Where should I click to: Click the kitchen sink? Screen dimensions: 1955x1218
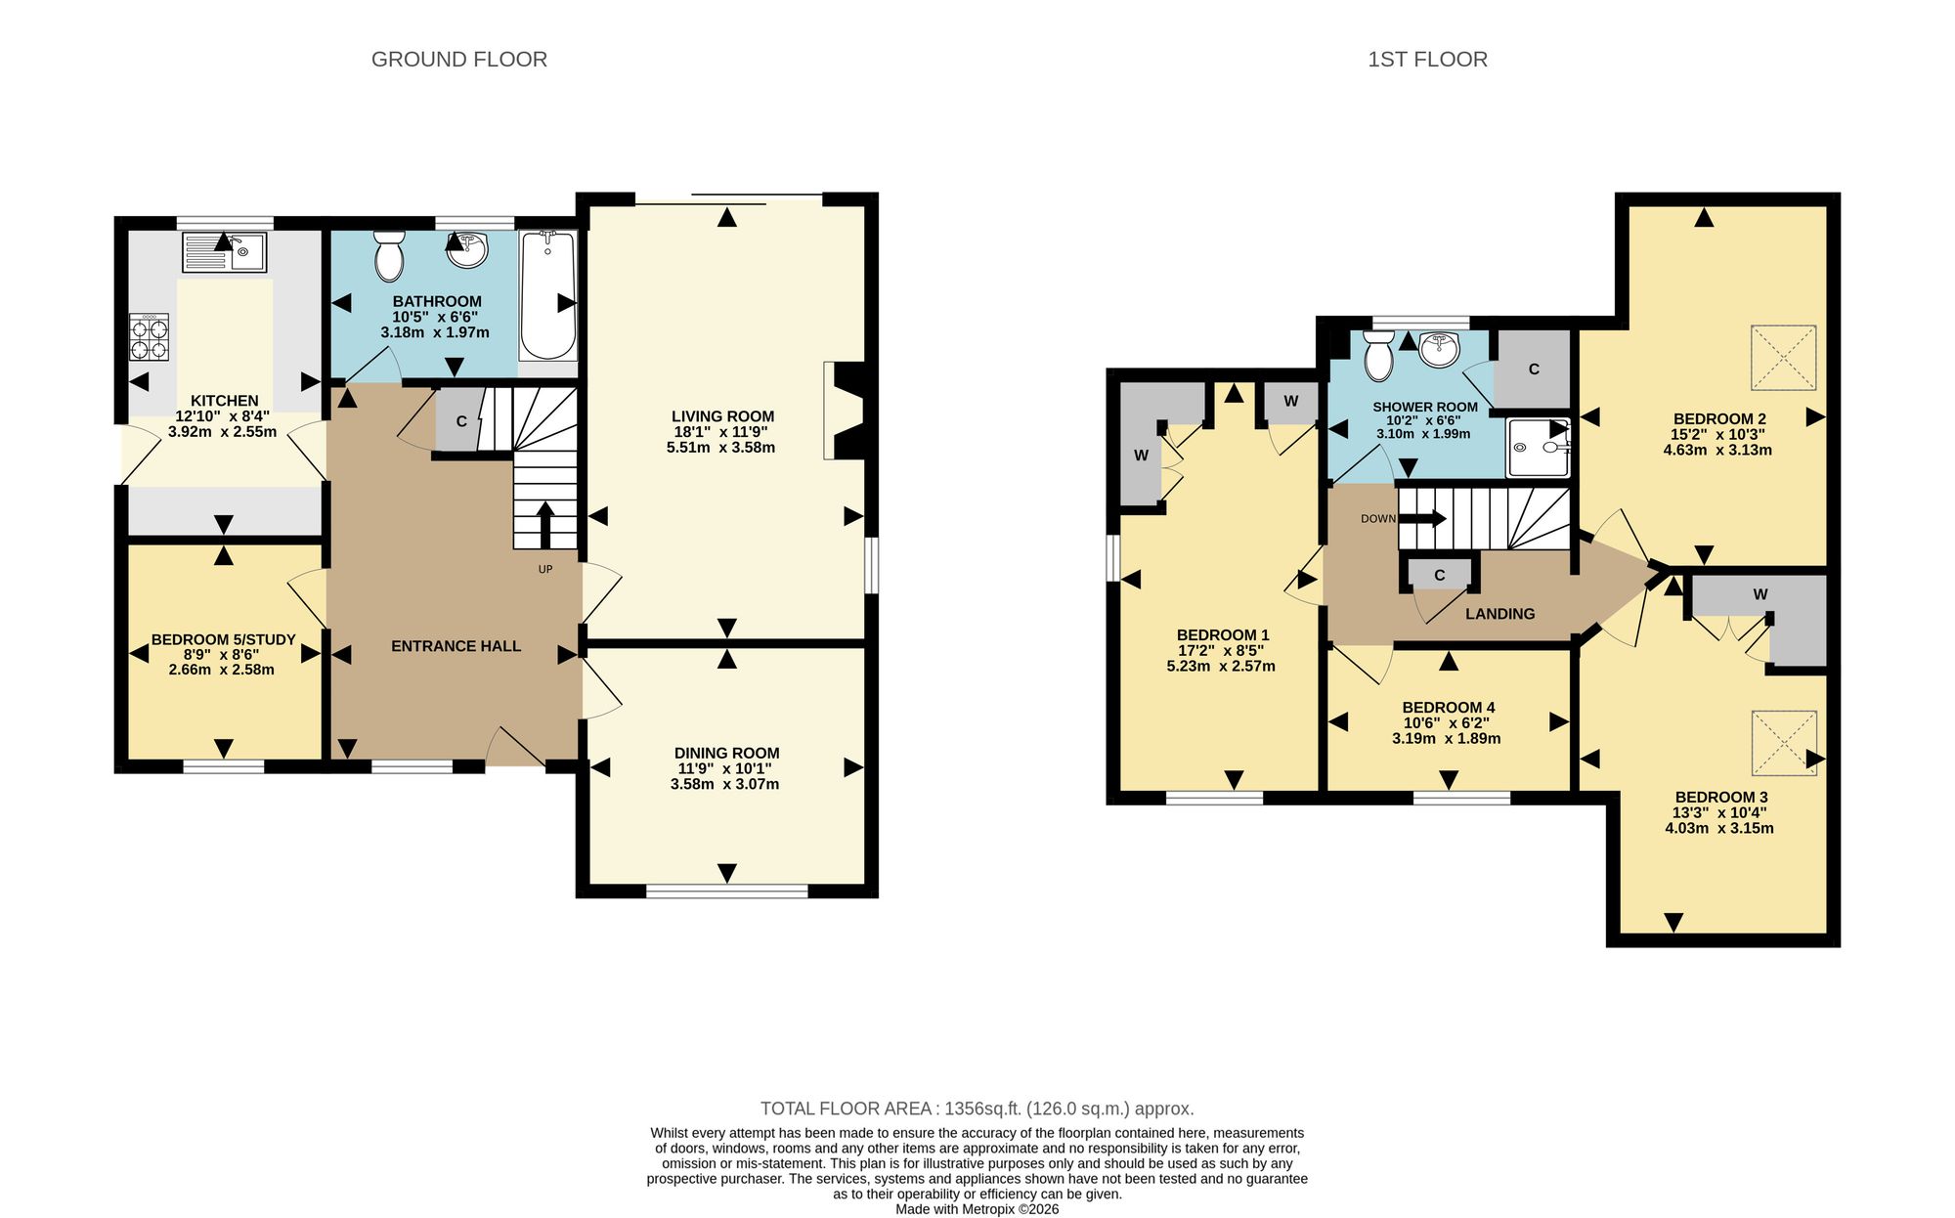pos(224,252)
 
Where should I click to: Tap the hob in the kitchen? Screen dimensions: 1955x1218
pos(149,337)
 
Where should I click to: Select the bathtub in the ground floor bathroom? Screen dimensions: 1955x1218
pos(548,295)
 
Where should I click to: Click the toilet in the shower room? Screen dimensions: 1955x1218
pos(1379,355)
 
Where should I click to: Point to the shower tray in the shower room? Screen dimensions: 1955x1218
pos(1538,448)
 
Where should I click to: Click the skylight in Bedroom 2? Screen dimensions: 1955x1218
pos(1783,358)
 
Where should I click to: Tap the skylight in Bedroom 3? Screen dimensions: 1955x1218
pos(1784,743)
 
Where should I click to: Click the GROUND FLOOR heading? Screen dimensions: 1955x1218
pos(459,60)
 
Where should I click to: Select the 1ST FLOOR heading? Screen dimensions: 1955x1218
pos(1427,60)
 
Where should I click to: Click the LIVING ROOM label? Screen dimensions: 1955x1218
pos(722,416)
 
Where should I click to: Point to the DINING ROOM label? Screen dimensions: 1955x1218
pos(726,753)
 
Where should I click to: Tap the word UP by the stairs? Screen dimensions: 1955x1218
pos(545,569)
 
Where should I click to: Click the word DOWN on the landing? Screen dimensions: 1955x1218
pos(1378,519)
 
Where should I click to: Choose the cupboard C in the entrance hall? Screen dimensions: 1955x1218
pos(460,420)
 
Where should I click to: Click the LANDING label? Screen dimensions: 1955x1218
pos(1499,614)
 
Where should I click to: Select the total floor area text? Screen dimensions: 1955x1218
pos(977,1109)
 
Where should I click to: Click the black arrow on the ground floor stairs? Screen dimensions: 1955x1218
pos(544,525)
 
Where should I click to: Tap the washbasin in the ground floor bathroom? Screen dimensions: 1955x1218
pos(467,249)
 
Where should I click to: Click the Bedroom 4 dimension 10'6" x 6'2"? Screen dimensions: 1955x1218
pos(1447,723)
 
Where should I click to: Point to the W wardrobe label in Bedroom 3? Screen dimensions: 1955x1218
pos(1760,594)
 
